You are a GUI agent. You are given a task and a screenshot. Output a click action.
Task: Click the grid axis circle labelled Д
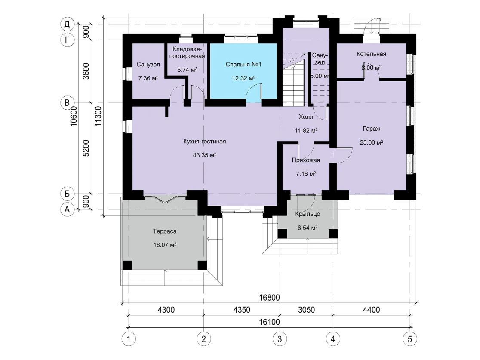[x=67, y=24]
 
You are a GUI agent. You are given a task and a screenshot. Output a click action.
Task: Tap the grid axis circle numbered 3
[x=280, y=339]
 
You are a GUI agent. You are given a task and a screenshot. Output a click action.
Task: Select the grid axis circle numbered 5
[x=410, y=339]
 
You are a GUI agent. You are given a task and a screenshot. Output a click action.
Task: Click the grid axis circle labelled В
[x=67, y=102]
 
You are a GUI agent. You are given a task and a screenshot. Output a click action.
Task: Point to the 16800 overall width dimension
[x=269, y=298]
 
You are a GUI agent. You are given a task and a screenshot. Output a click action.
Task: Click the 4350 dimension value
[x=242, y=310]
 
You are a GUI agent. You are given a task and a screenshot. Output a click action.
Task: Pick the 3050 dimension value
[x=306, y=310]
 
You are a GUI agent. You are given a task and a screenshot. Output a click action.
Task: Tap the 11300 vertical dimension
[x=98, y=117]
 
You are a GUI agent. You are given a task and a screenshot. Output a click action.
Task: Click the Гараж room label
[x=372, y=129]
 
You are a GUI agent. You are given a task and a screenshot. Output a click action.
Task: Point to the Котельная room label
[x=371, y=54]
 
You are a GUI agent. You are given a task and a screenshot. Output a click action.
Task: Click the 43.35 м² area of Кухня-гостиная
[x=204, y=155]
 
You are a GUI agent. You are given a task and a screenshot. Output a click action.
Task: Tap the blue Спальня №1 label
[x=243, y=64]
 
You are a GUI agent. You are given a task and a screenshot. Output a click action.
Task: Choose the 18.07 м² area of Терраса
[x=165, y=245]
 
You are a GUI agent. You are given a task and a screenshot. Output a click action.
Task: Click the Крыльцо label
[x=308, y=214]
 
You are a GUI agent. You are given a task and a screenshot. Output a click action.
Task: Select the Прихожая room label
[x=306, y=160]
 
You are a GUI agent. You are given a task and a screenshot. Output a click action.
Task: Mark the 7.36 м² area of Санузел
[x=148, y=78]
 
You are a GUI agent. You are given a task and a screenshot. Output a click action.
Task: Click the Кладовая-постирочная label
[x=187, y=52]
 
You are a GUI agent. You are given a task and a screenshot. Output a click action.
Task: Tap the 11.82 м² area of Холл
[x=306, y=131]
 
